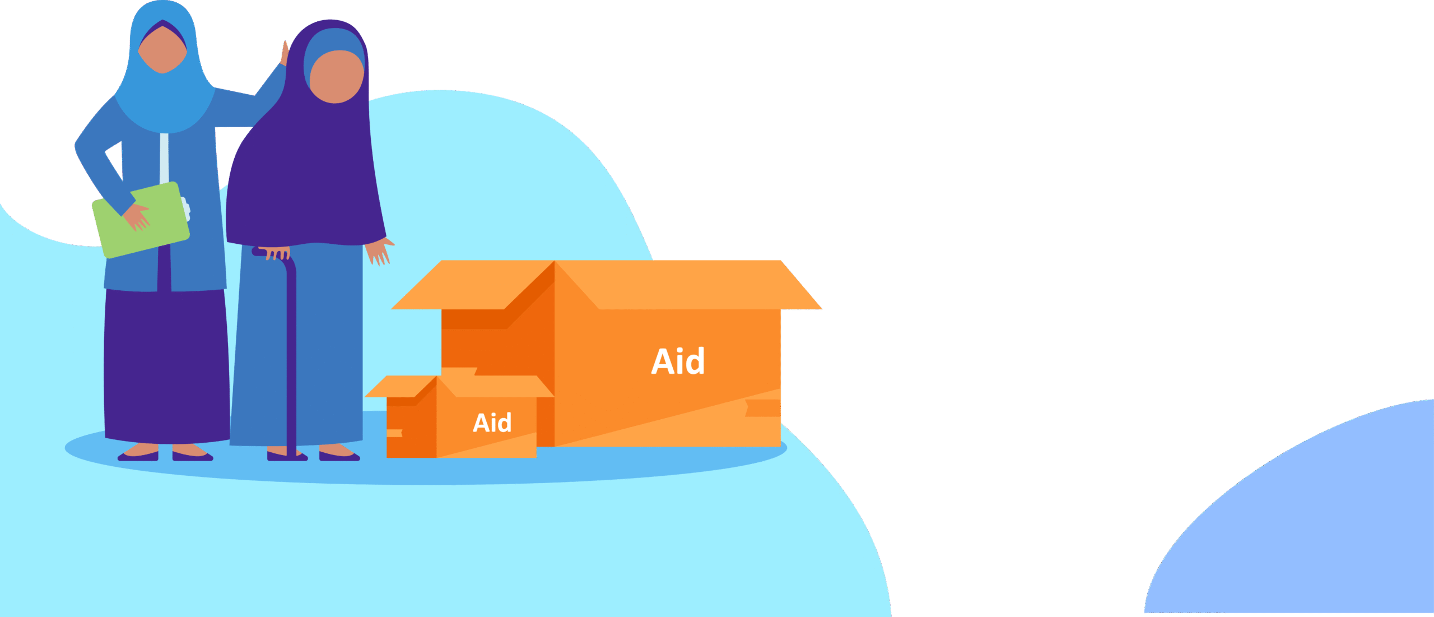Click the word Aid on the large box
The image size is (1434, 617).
click(x=678, y=361)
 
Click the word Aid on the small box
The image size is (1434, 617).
click(x=492, y=423)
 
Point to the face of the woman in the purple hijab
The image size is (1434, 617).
click(x=336, y=76)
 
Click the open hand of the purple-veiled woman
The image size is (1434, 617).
click(x=379, y=251)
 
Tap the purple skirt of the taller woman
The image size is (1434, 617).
click(x=166, y=364)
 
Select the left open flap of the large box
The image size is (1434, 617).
click(x=473, y=285)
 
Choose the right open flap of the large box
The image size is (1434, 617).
click(x=689, y=285)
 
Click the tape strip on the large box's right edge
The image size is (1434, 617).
click(x=763, y=408)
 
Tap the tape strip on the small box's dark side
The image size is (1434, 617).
click(x=394, y=433)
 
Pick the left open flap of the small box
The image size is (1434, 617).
click(x=401, y=387)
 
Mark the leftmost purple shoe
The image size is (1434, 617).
click(x=138, y=456)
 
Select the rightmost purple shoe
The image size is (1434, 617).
click(x=339, y=456)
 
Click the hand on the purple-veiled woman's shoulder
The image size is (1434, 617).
click(x=285, y=53)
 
